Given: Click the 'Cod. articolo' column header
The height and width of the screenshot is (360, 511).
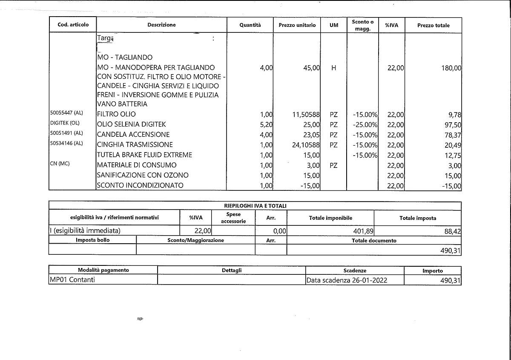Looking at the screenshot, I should click(73, 25).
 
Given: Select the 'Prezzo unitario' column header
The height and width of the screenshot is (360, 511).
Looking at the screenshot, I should click(297, 25).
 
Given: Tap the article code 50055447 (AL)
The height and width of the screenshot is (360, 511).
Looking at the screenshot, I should click(66, 114).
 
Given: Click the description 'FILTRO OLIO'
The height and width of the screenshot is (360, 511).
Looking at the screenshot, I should click(116, 114).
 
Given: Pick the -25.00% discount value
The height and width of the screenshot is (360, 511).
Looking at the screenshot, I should click(365, 125).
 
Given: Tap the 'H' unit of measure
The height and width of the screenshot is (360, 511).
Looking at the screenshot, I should click(333, 68).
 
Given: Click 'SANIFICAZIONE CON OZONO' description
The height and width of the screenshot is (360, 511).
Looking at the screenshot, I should click(143, 175).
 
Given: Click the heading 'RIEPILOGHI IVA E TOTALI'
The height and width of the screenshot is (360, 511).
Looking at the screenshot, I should click(255, 206).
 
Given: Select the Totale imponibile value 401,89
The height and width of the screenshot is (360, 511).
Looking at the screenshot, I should click(361, 231).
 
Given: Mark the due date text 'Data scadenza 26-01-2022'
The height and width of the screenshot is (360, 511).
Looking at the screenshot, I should click(347, 280).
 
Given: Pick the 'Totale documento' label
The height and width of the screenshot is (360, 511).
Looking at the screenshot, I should click(374, 240).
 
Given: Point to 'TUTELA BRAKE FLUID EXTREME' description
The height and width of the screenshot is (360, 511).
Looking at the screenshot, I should click(144, 155).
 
